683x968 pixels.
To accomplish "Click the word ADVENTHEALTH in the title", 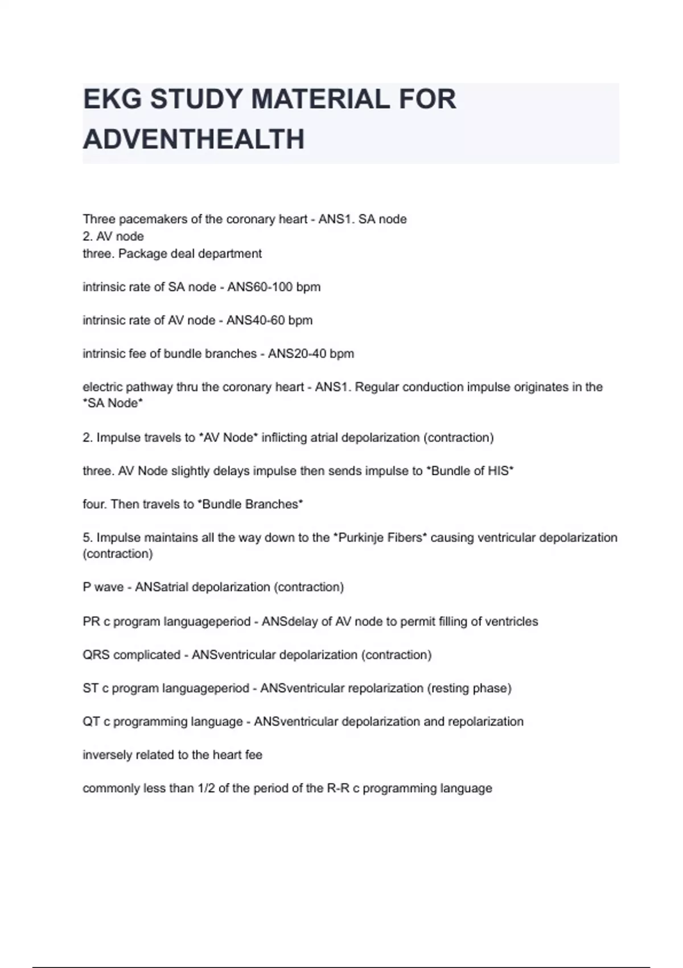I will coord(194,140).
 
